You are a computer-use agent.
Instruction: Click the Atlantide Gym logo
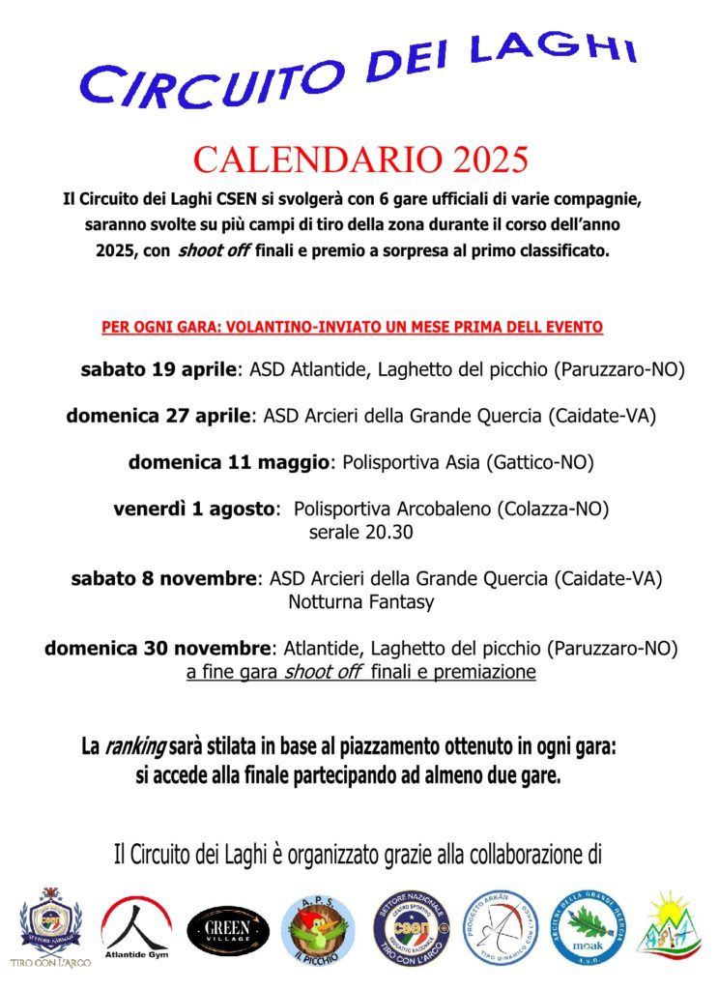tap(136, 925)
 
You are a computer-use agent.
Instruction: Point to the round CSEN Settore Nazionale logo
tap(411, 928)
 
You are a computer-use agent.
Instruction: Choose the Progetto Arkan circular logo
tap(501, 928)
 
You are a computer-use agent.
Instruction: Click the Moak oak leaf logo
tap(588, 928)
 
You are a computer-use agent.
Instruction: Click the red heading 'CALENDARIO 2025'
tap(360, 158)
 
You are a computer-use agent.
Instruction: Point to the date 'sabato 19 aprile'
tap(158, 369)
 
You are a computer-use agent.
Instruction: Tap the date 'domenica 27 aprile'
tap(158, 417)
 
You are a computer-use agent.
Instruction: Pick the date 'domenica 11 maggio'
tap(229, 463)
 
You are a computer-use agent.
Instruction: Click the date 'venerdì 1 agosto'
tap(193, 510)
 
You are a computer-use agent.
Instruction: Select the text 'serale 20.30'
tap(360, 533)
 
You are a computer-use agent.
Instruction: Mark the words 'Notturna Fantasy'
tap(360, 602)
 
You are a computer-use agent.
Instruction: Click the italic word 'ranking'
tap(135, 747)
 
